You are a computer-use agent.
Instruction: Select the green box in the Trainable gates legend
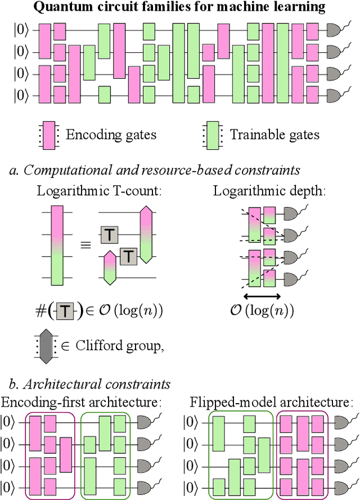pos(212,135)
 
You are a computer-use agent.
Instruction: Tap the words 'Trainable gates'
pos(274,135)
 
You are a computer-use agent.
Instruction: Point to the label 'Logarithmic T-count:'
pos(99,190)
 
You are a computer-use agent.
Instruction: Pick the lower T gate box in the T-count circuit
pos(129,256)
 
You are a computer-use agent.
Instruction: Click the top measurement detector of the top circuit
pos(336,30)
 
